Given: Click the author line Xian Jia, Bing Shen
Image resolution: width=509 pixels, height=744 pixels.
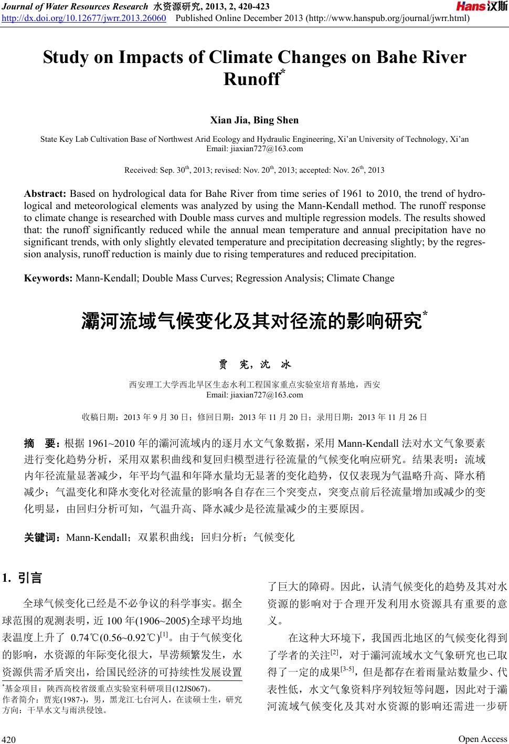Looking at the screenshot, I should point(254,120).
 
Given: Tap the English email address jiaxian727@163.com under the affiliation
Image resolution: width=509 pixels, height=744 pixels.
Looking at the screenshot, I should point(254,149).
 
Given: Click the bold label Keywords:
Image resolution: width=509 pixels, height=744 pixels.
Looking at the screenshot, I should point(48,278).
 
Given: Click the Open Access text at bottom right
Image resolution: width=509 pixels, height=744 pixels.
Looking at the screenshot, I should point(482,739).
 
